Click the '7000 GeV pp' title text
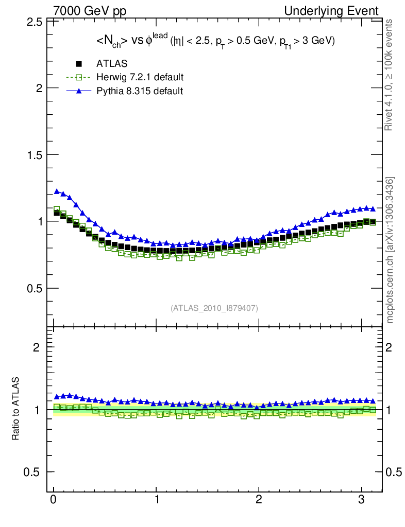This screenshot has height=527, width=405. pyautogui.click(x=90, y=11)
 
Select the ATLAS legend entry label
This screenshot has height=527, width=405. pyautogui.click(x=112, y=64)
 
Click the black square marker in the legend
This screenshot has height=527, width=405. pyautogui.click(x=79, y=64)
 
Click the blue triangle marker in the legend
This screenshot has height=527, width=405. pyautogui.click(x=79, y=91)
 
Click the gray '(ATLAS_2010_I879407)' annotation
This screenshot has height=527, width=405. pyautogui.click(x=214, y=308)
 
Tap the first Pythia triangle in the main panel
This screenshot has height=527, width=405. pyautogui.click(x=57, y=191)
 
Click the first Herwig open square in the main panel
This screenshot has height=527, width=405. pyautogui.click(x=57, y=209)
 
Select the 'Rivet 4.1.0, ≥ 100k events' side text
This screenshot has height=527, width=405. pyautogui.click(x=390, y=75)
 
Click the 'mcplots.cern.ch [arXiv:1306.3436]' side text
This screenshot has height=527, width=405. pyautogui.click(x=390, y=250)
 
